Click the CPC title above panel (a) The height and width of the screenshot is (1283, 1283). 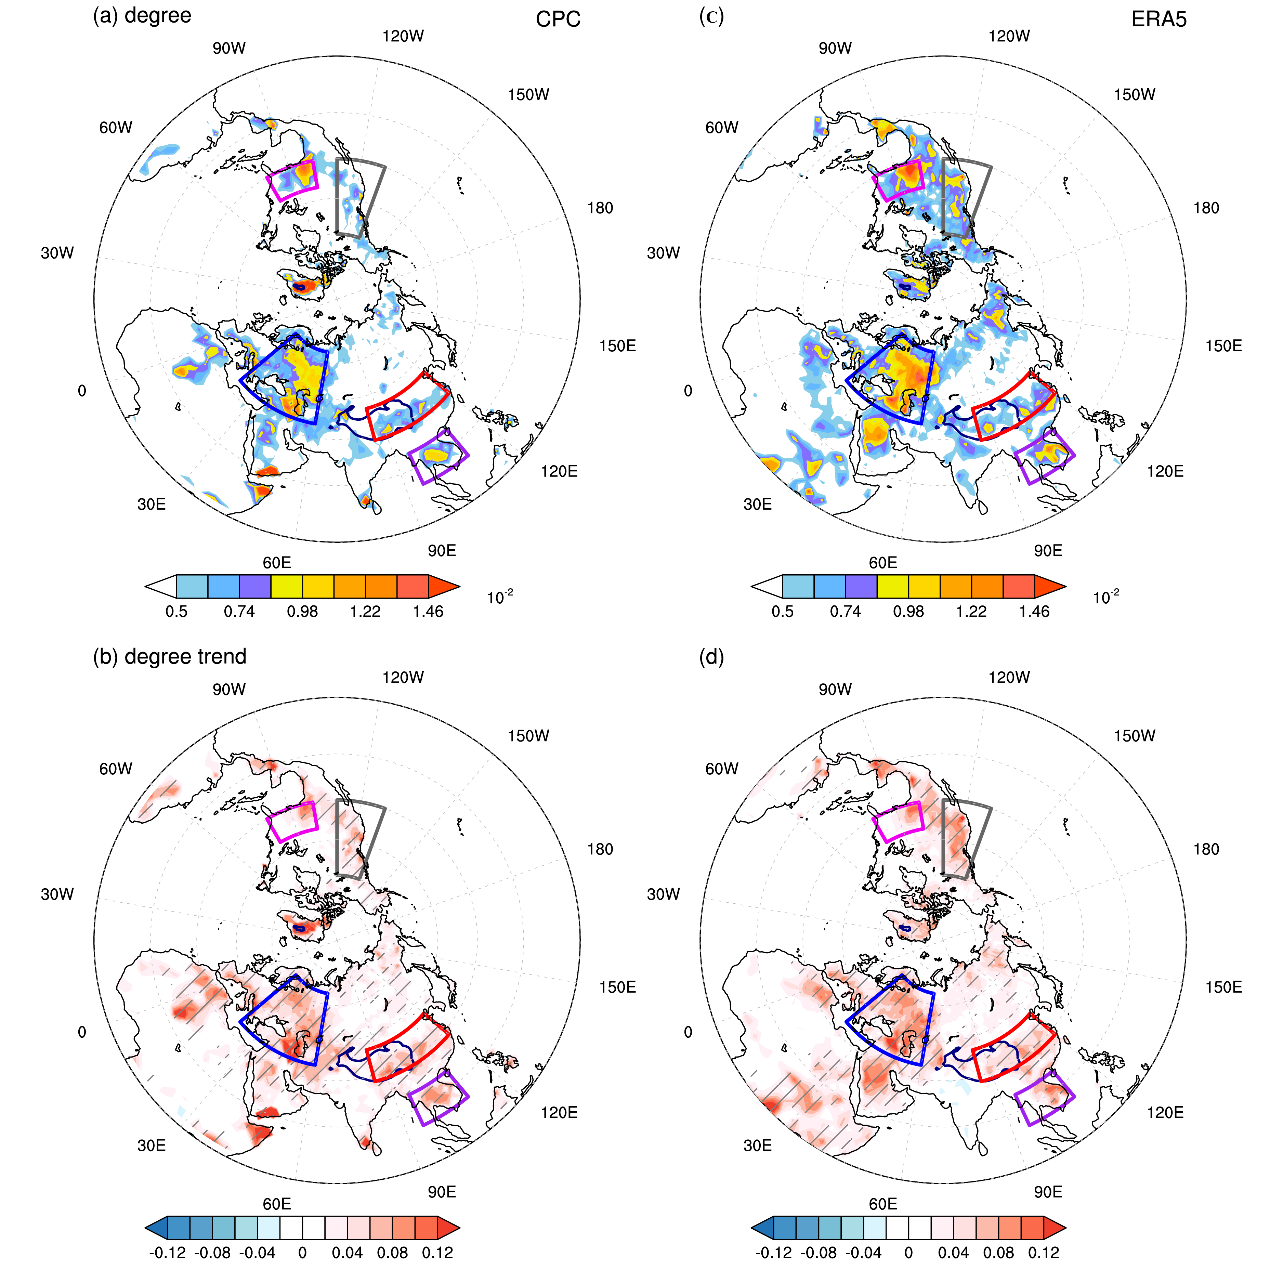558,19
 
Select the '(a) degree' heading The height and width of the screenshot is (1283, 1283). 142,15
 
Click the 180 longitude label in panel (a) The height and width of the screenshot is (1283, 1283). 600,208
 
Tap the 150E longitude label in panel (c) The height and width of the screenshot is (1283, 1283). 1223,346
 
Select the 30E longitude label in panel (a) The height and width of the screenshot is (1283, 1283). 152,504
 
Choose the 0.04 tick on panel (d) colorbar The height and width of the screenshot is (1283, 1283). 954,1253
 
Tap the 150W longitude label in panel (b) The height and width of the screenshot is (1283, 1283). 528,736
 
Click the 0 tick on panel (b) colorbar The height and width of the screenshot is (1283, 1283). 302,1253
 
